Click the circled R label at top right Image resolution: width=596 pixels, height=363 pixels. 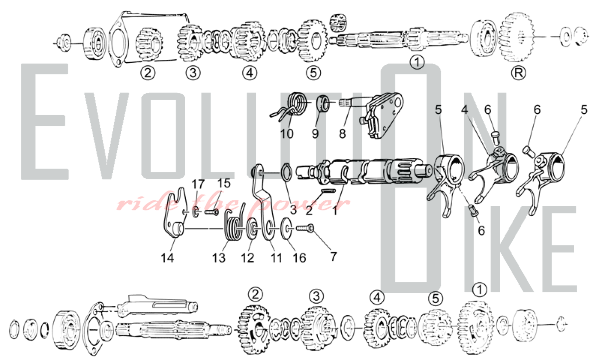[518, 73]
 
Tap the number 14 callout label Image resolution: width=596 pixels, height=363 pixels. [167, 258]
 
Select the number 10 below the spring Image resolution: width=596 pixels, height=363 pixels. [287, 134]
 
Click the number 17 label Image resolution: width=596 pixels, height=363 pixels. [198, 184]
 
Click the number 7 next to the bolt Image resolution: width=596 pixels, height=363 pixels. [333, 256]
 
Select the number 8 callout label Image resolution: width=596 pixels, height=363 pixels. [342, 134]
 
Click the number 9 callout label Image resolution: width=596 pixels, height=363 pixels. [315, 134]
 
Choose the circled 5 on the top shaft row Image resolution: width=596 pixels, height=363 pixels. [313, 73]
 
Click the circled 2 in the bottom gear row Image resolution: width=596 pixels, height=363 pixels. [255, 295]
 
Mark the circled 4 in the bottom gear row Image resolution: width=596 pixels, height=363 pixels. [377, 297]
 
